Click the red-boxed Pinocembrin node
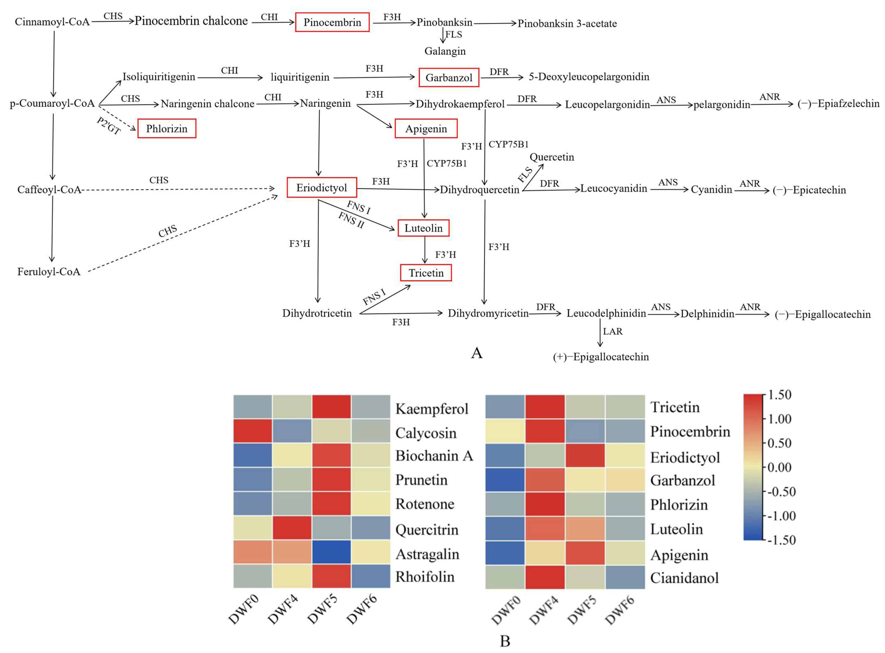[332, 22]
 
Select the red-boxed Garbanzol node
[449, 77]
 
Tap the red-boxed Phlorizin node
[166, 128]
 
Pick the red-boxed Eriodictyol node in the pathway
[322, 187]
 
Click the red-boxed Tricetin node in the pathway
[426, 273]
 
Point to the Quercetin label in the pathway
[552, 157]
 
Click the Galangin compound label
[445, 51]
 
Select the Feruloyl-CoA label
[49, 272]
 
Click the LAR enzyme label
[612, 331]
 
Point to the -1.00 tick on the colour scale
[781, 516]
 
